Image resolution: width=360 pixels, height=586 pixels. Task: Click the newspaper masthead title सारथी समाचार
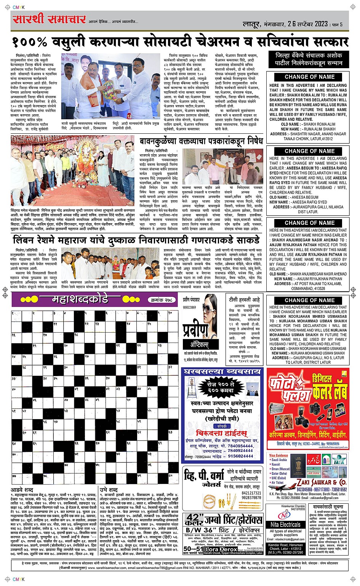[49, 19]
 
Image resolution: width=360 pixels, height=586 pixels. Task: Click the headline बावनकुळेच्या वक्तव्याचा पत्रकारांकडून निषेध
[201, 141]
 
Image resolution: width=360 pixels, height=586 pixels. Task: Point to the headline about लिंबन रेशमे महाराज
[136, 240]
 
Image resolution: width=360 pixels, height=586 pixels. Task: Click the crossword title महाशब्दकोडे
[80, 299]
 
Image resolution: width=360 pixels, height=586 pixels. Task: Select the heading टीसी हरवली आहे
[244, 299]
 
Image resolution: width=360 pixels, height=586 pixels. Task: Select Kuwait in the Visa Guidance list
[276, 464]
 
